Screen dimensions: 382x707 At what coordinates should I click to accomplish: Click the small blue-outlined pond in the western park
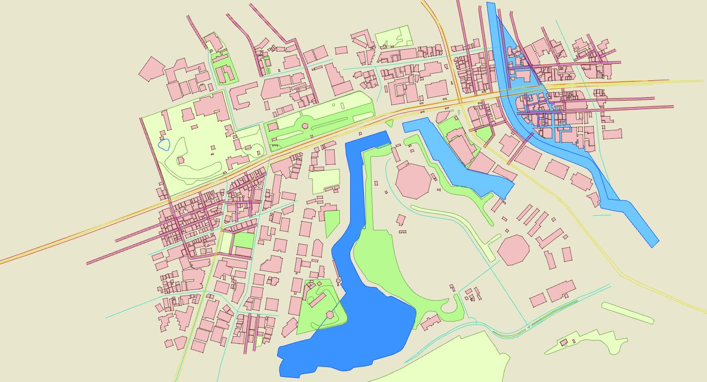coord(164,144)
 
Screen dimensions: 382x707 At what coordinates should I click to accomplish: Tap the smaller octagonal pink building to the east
coord(513,250)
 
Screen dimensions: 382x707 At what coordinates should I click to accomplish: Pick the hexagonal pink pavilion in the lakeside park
coord(330,314)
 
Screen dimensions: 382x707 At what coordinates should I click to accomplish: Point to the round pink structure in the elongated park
coord(304,126)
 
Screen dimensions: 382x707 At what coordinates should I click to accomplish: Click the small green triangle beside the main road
coord(389,123)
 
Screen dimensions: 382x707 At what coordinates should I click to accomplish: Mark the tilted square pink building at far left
coord(151,69)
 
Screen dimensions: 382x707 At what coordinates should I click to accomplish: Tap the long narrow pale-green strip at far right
coord(628,313)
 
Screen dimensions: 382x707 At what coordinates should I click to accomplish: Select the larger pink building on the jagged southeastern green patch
coord(563,342)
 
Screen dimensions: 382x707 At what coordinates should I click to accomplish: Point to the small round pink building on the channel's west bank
coord(338,281)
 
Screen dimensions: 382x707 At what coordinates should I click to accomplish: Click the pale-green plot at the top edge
coord(393,36)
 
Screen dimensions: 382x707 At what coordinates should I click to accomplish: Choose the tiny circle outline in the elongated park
coord(334,105)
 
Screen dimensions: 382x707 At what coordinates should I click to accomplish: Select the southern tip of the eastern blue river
coord(654,243)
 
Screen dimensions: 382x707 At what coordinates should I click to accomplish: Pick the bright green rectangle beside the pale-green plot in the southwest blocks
coord(244,240)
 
